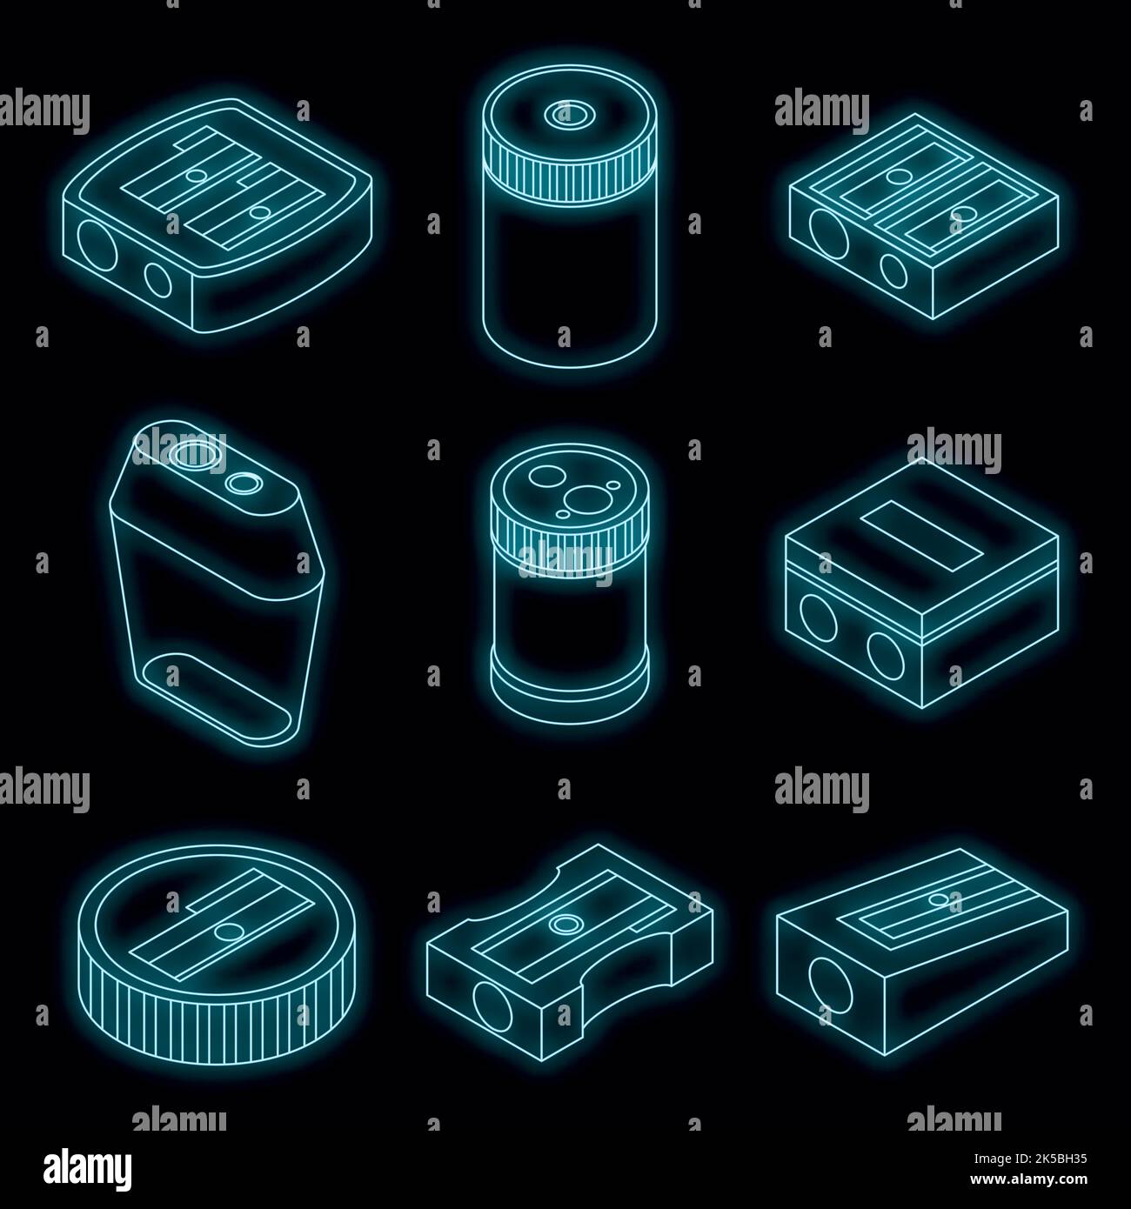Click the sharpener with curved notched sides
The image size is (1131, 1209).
(570, 948)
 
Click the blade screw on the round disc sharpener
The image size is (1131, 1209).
(229, 932)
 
